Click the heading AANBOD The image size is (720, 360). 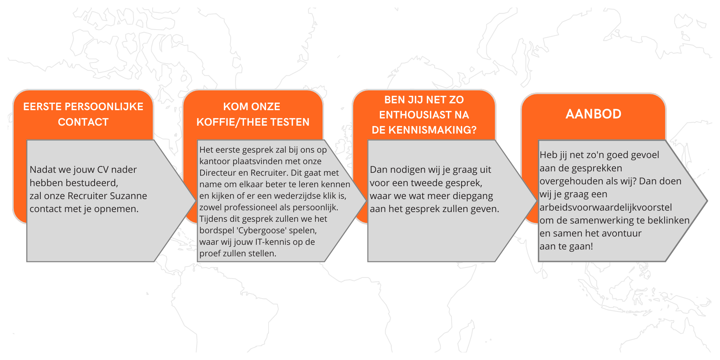593,114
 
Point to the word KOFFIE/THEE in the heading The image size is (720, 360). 230,122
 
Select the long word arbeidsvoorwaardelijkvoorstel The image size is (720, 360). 606,208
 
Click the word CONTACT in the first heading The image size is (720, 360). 83,122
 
